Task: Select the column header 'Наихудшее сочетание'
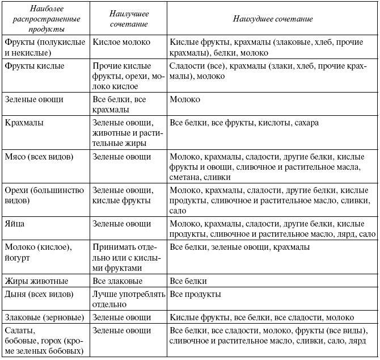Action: click(x=273, y=19)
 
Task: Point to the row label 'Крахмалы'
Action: click(x=24, y=123)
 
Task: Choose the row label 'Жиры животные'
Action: click(x=36, y=281)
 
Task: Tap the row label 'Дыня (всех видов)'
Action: click(x=38, y=295)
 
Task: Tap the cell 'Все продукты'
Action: click(x=195, y=295)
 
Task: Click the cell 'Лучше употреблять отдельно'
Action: click(x=129, y=299)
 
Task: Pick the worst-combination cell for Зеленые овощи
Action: click(x=185, y=99)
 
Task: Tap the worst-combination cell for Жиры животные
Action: click(x=188, y=281)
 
